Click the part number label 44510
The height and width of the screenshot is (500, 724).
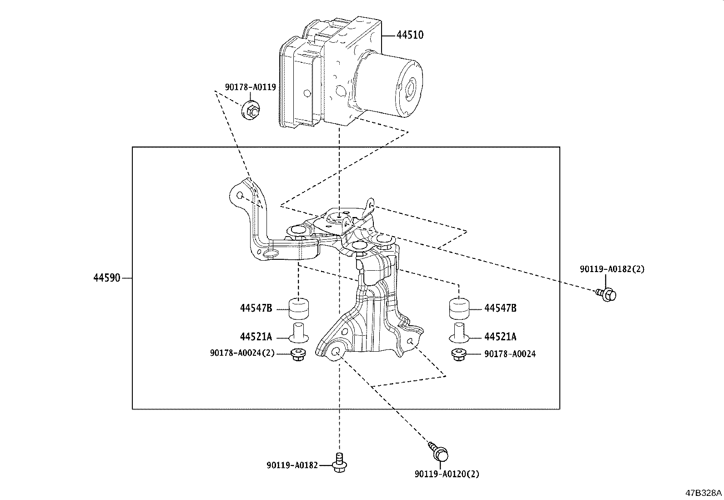click(410, 35)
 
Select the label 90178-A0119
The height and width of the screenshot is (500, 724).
click(251, 86)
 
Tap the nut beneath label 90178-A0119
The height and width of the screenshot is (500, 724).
click(251, 111)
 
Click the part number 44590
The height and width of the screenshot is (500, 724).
click(107, 278)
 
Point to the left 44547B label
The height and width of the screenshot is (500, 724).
click(256, 308)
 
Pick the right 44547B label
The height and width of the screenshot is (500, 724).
click(500, 308)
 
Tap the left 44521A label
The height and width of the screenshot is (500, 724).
click(256, 337)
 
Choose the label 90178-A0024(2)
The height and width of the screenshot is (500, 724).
click(242, 353)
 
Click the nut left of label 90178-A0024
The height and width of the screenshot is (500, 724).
click(459, 354)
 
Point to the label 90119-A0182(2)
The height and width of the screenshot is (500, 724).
click(612, 269)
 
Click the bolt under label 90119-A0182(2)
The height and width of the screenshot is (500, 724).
click(606, 294)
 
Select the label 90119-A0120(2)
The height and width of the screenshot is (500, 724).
click(447, 474)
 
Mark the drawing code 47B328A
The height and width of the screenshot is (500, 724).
click(704, 493)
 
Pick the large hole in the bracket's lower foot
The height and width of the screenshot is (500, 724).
click(337, 351)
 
